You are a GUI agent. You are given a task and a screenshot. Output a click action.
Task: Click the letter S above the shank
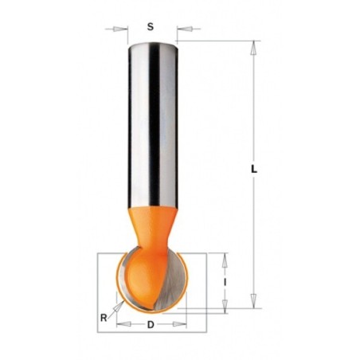tap(151, 27)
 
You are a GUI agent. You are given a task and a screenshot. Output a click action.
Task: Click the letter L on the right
tap(254, 169)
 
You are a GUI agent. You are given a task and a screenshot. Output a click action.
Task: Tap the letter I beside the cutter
tap(225, 283)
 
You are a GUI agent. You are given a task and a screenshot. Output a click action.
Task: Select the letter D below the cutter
tap(151, 324)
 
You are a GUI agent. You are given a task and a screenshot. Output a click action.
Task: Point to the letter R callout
tap(104, 318)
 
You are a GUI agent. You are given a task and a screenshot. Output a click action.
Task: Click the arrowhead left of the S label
tap(119, 29)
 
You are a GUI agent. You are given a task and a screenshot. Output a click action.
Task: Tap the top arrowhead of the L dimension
tap(254, 48)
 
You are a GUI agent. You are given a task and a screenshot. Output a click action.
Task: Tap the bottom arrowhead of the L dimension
tap(254, 301)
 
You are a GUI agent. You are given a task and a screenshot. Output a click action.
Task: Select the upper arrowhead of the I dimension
tap(225, 260)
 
